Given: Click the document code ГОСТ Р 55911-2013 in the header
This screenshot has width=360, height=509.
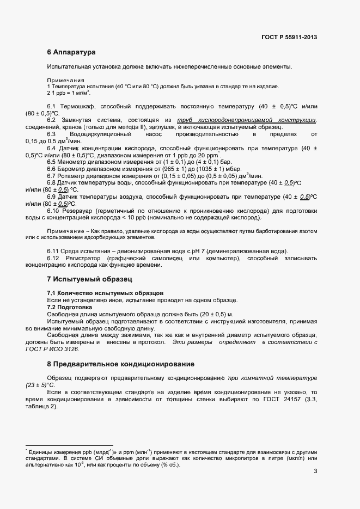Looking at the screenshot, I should pyautogui.click(x=289, y=37).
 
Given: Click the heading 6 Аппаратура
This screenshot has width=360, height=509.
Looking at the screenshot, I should pyautogui.click(x=71, y=53).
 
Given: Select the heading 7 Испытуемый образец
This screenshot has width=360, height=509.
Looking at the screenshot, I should pyautogui.click(x=89, y=280).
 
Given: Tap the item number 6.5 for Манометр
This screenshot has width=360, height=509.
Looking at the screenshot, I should pyautogui.click(x=53, y=162).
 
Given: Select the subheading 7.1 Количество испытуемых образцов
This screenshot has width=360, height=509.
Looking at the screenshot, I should pyautogui.click(x=105, y=293).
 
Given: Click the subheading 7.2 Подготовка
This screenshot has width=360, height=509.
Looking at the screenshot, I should pyautogui.click(x=71, y=307).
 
